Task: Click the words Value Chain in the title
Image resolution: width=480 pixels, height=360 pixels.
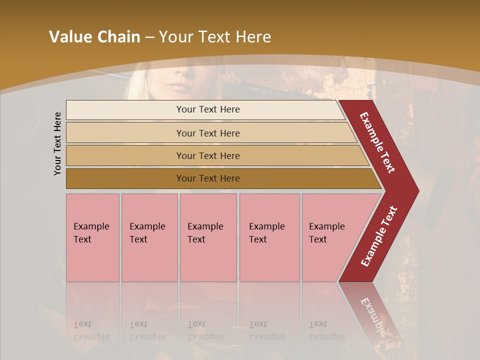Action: pyautogui.click(x=94, y=37)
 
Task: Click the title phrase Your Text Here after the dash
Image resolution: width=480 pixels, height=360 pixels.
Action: pyautogui.click(x=215, y=37)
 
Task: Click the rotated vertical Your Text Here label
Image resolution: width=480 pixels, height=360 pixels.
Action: pyautogui.click(x=57, y=143)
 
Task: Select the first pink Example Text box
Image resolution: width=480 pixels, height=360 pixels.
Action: pyautogui.click(x=92, y=237)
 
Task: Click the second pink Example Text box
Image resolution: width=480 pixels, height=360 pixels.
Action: pyautogui.click(x=149, y=237)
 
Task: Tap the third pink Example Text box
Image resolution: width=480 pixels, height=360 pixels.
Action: pyautogui.click(x=208, y=237)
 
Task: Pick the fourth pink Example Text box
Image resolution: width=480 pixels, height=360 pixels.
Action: pyautogui.click(x=269, y=237)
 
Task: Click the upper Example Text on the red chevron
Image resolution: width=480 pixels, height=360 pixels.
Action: pyautogui.click(x=377, y=142)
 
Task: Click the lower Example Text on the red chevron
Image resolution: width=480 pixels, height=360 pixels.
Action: pyautogui.click(x=379, y=236)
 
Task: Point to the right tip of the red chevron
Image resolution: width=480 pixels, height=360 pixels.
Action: pyautogui.click(x=417, y=191)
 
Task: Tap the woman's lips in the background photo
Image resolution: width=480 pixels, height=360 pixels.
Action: pyautogui.click(x=178, y=87)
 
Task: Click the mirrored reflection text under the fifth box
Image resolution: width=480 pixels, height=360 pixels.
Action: pyautogui.click(x=326, y=330)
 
